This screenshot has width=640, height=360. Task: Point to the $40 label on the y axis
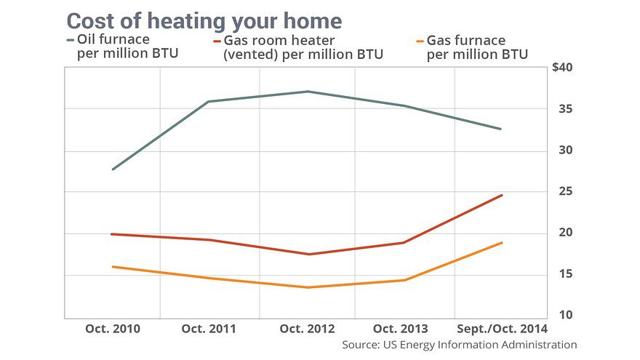pos(563,68)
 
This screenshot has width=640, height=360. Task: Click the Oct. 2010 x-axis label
pos(113,329)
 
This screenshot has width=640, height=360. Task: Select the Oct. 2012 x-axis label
pos(307,329)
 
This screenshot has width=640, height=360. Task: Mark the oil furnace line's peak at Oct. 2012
pos(307,91)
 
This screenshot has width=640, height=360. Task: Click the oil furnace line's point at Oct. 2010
pos(113,169)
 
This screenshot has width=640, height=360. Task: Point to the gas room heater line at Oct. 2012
pos(307,254)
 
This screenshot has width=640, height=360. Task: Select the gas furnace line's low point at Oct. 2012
pos(307,287)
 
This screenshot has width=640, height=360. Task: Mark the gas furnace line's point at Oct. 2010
pos(113,267)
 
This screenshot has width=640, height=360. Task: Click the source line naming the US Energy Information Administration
pos(460,345)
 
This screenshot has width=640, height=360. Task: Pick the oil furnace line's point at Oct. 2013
pos(404,106)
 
